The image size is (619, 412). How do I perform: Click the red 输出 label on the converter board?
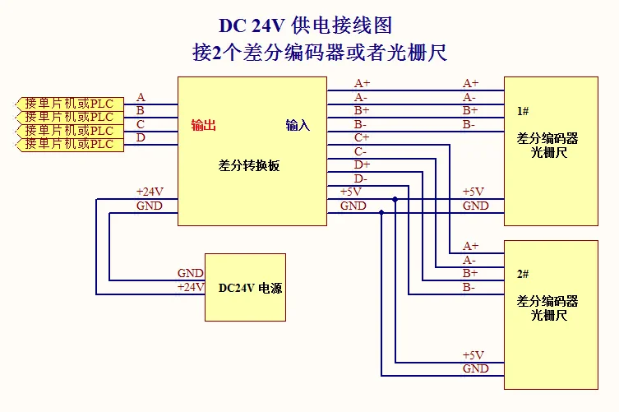tap(203, 125)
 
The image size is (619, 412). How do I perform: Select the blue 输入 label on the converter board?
tap(298, 125)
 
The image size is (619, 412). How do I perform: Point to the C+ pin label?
tap(362, 137)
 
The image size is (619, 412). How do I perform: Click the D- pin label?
tap(361, 178)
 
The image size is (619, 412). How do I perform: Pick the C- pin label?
tap(361, 151)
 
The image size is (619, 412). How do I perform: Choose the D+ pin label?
tap(362, 165)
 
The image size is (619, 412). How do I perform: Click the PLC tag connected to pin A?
tap(69, 104)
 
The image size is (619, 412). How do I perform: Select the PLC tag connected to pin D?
tap(69, 144)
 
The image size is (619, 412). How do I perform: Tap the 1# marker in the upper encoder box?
tap(523, 110)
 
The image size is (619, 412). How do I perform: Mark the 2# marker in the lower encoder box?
tap(523, 274)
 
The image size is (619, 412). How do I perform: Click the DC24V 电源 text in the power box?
tap(250, 289)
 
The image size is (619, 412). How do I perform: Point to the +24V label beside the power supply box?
tap(190, 287)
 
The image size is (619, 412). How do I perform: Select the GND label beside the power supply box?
tap(190, 274)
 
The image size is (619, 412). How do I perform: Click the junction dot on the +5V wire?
tap(395, 198)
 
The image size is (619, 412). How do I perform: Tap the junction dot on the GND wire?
tap(381, 212)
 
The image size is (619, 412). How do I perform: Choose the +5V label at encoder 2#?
tap(473, 355)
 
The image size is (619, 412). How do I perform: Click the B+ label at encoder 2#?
tap(470, 273)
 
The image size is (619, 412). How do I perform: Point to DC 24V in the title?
tap(252, 25)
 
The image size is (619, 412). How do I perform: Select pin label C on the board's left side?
tap(141, 124)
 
